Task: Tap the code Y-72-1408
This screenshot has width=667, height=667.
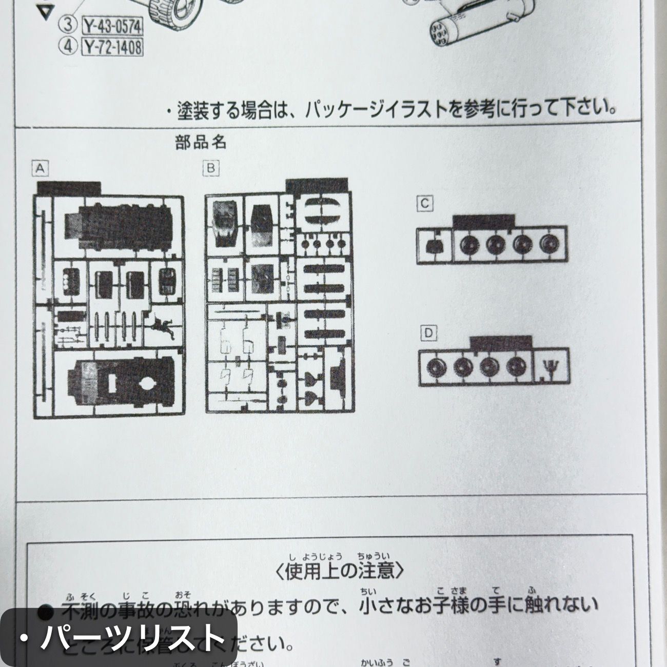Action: coord(112,47)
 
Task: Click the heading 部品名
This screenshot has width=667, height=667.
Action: coord(201,142)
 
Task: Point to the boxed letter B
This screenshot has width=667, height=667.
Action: coord(211,168)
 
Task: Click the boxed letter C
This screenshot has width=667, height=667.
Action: coord(424,204)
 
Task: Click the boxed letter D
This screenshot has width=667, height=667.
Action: coord(428,333)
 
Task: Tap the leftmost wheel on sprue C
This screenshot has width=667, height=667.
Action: coord(467,245)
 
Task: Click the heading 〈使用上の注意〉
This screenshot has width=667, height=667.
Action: coord(341,571)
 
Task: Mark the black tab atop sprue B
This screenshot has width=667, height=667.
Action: coord(317,186)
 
